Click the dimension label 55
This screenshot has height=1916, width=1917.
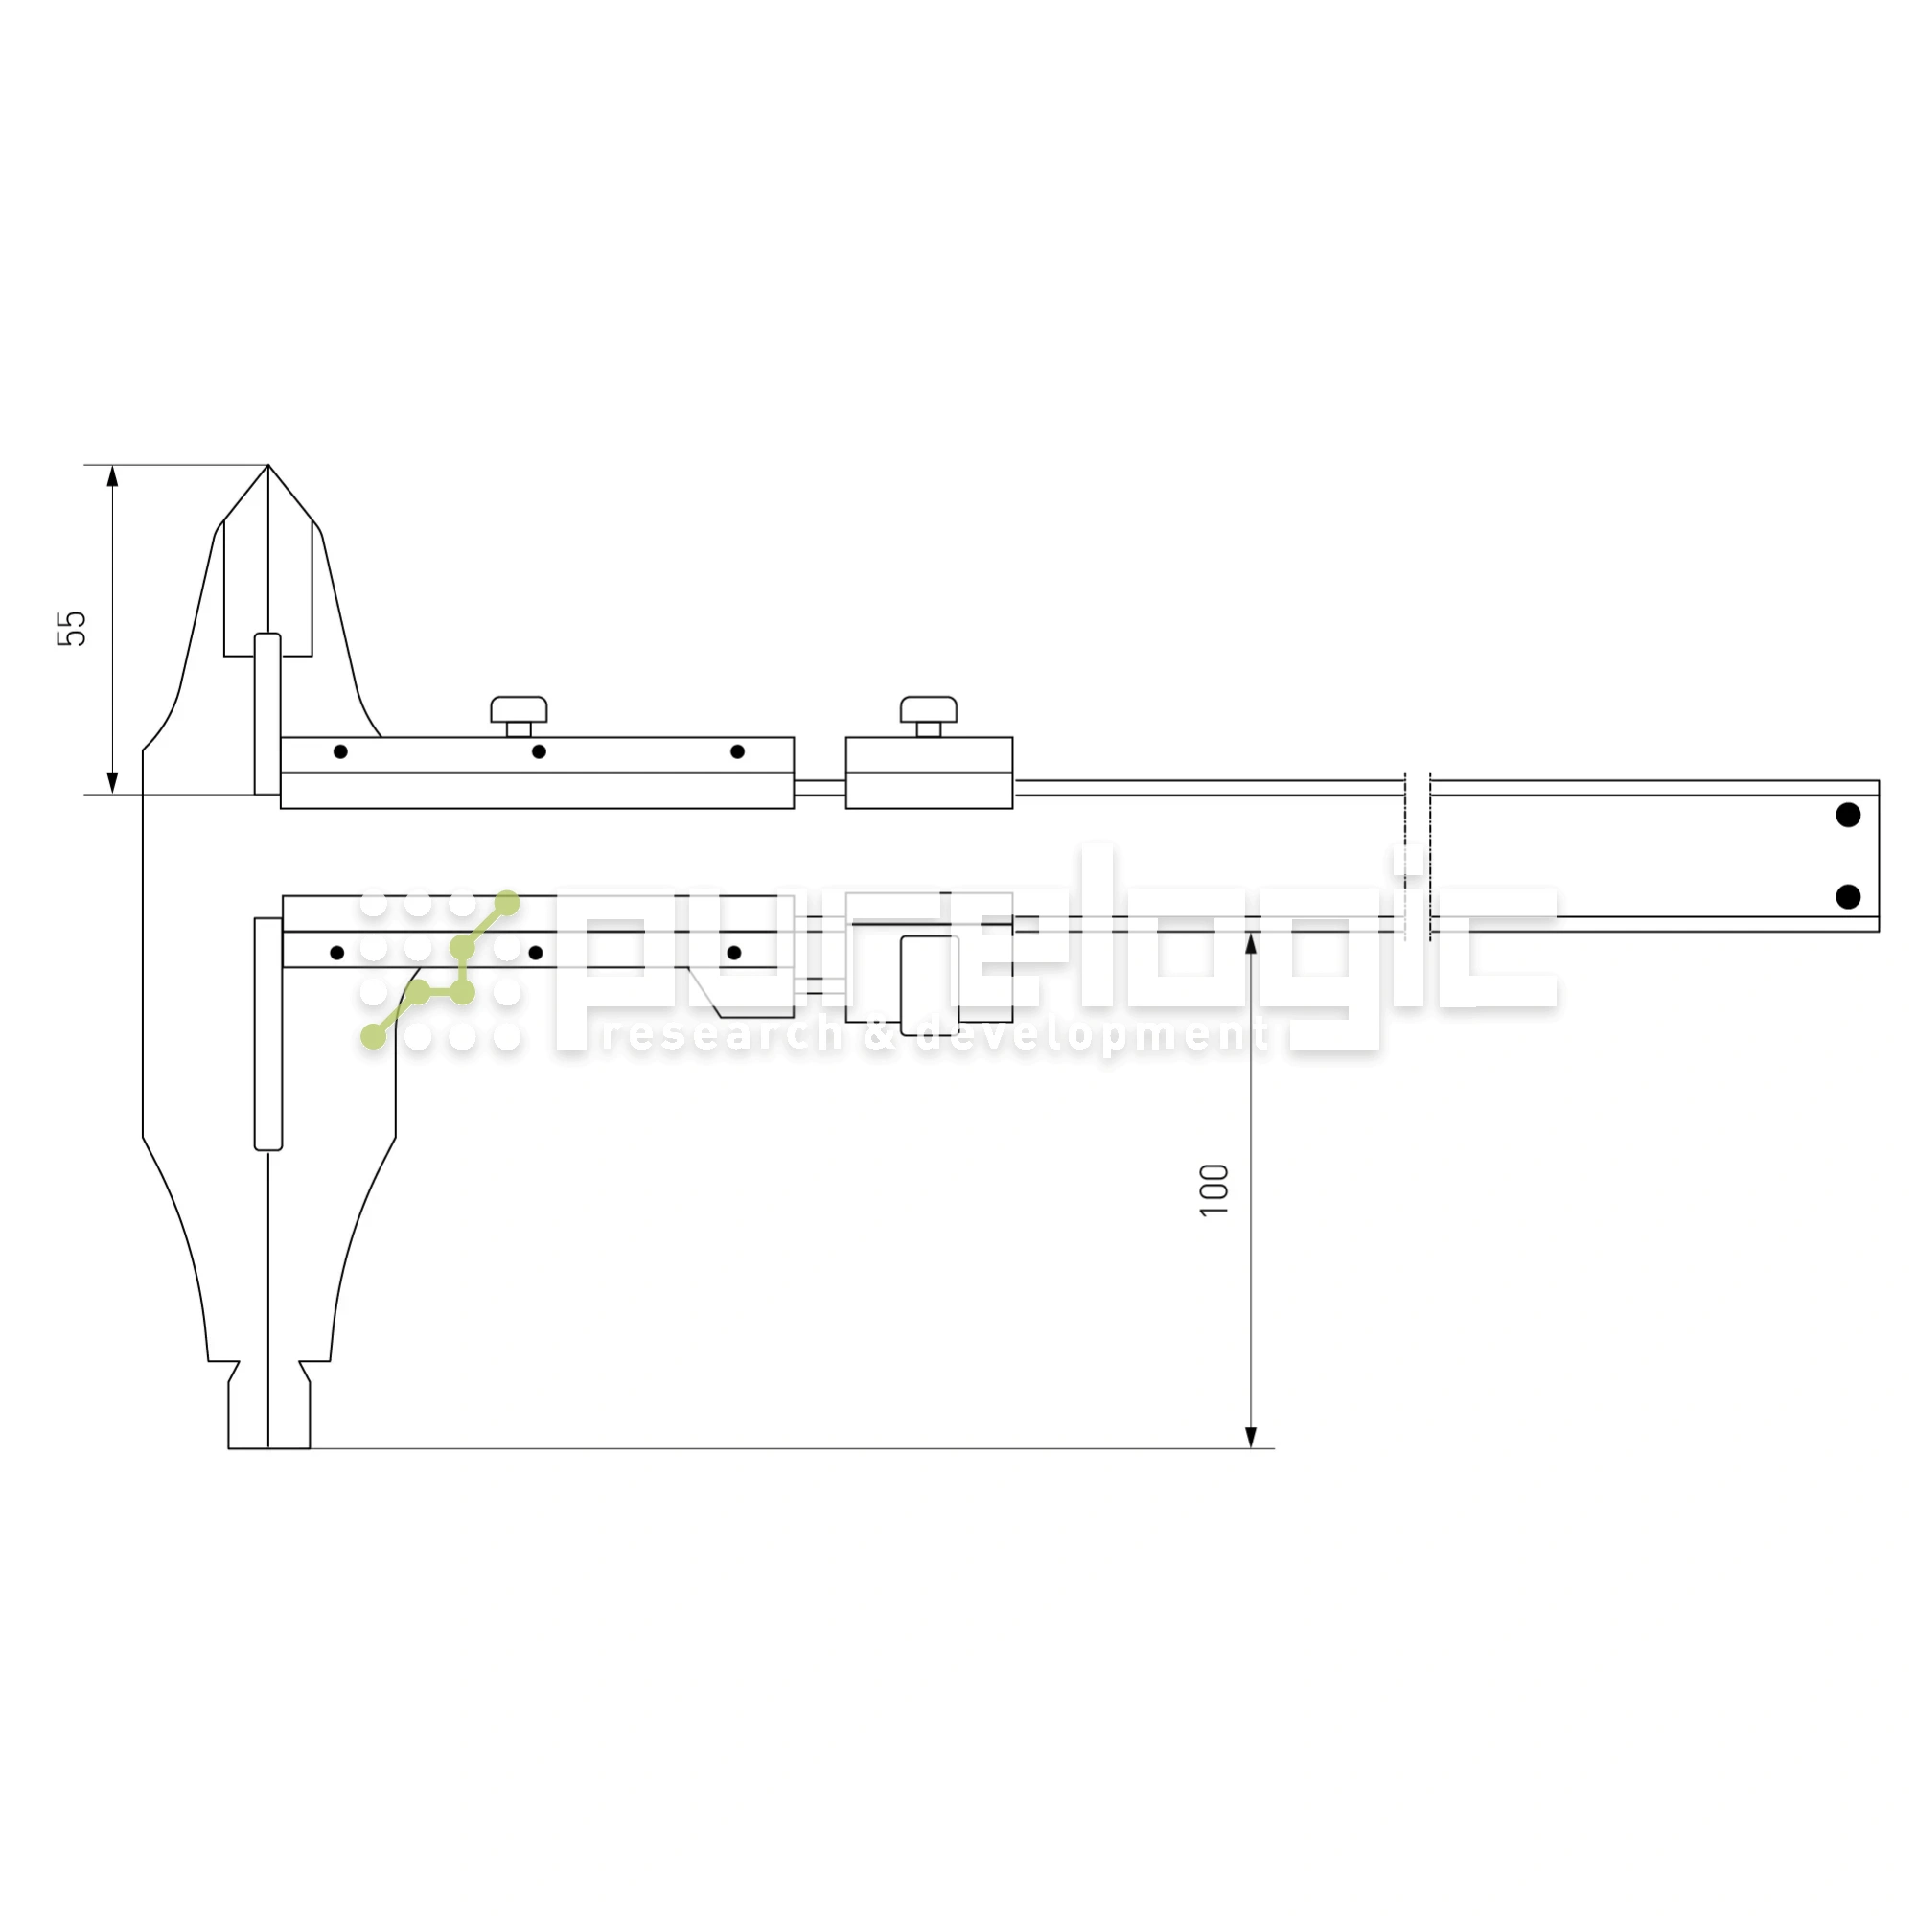[x=72, y=629]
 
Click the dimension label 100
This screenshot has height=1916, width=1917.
[x=1214, y=1189]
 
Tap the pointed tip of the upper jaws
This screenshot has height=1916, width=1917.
[x=268, y=468]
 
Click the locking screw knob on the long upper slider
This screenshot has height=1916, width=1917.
[x=518, y=709]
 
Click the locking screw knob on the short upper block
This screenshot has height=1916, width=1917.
[x=928, y=709]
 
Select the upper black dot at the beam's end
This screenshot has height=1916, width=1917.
[x=1848, y=815]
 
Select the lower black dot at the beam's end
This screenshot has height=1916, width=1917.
[x=1848, y=897]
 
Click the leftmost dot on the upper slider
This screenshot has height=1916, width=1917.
[x=340, y=751]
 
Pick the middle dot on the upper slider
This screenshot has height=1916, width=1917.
[x=539, y=751]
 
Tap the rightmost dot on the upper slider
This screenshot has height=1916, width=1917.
[x=737, y=751]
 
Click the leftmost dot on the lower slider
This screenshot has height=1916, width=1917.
[x=337, y=953]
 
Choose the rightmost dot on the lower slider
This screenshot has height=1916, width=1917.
[x=734, y=953]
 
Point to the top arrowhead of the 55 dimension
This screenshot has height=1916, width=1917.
[x=112, y=476]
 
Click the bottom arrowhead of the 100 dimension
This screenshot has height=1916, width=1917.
[x=1250, y=1437]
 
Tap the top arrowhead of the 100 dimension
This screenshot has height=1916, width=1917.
[x=1250, y=943]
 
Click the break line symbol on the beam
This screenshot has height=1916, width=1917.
[x=1417, y=855]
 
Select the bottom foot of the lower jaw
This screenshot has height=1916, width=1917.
[x=269, y=1419]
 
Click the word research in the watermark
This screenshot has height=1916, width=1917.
[x=722, y=1036]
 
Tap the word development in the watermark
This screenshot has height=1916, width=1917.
[x=1093, y=1036]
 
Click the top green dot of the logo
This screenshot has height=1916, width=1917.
[x=507, y=903]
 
